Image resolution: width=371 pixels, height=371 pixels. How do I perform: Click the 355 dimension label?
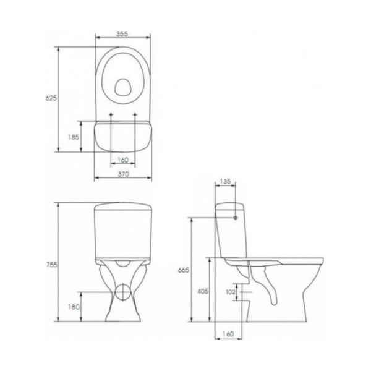tap(122, 34)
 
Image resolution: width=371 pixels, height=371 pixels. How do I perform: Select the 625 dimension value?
tap(51, 98)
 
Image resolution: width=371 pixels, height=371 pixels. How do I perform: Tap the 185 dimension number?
tap(74, 137)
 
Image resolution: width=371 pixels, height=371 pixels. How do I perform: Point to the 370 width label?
tap(123, 174)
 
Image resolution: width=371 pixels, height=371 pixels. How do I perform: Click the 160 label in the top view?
tap(123, 160)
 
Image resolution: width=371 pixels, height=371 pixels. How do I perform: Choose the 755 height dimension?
tap(51, 265)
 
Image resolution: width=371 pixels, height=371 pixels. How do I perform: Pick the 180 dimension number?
tap(74, 307)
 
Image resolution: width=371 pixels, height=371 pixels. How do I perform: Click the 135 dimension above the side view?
tap(225, 181)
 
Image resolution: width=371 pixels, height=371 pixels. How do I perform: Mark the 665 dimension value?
tap(184, 270)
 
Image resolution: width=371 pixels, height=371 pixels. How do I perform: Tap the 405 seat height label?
tap(203, 291)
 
